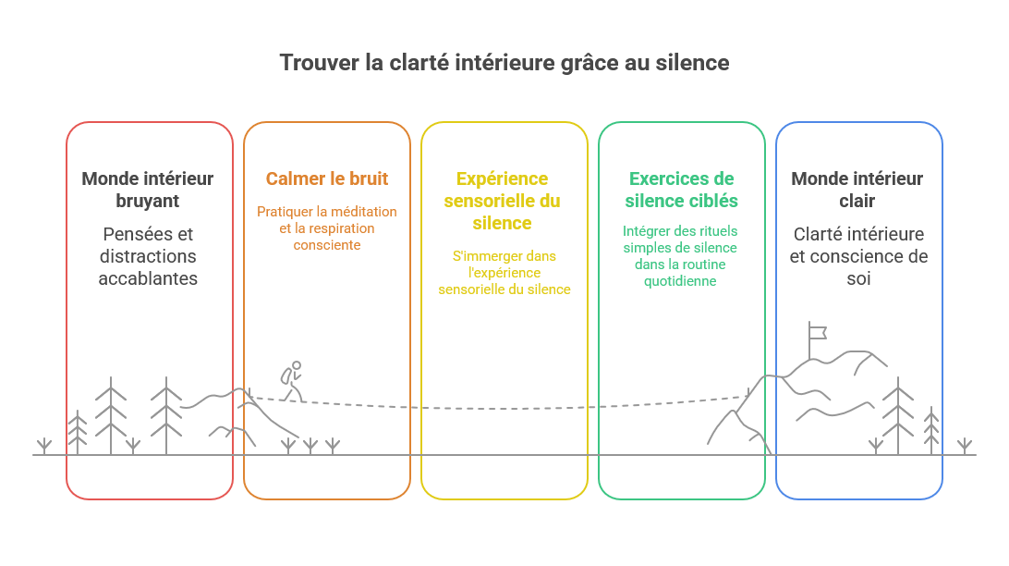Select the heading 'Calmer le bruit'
coord(327,178)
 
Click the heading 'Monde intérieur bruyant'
coord(147,190)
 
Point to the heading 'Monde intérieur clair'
coord(857,190)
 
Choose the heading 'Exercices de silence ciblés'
coord(682,190)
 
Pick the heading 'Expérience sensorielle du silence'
coord(502,201)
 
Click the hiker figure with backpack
coord(291,381)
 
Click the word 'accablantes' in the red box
coord(148,278)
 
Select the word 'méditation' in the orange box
coord(363,212)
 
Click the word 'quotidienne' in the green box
coord(680,281)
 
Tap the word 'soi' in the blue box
coord(858,278)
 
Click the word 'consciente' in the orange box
coord(327,245)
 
